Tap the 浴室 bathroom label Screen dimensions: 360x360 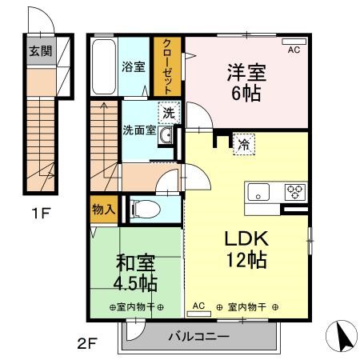133,66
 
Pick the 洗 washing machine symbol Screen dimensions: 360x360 168,114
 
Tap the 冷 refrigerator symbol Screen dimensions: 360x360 240,145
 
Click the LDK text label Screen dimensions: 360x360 245,238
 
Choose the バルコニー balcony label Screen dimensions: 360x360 198,337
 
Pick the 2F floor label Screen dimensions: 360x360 86,345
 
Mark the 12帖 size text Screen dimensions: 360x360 245,259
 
